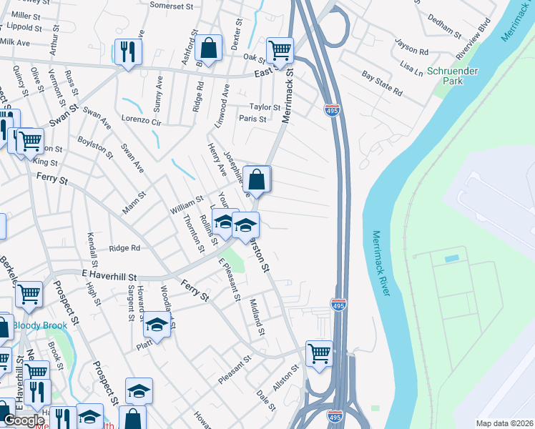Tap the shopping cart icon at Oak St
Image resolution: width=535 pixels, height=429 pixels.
280,50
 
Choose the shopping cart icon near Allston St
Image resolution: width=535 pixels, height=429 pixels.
319,352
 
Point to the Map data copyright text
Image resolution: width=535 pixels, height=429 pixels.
504,423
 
